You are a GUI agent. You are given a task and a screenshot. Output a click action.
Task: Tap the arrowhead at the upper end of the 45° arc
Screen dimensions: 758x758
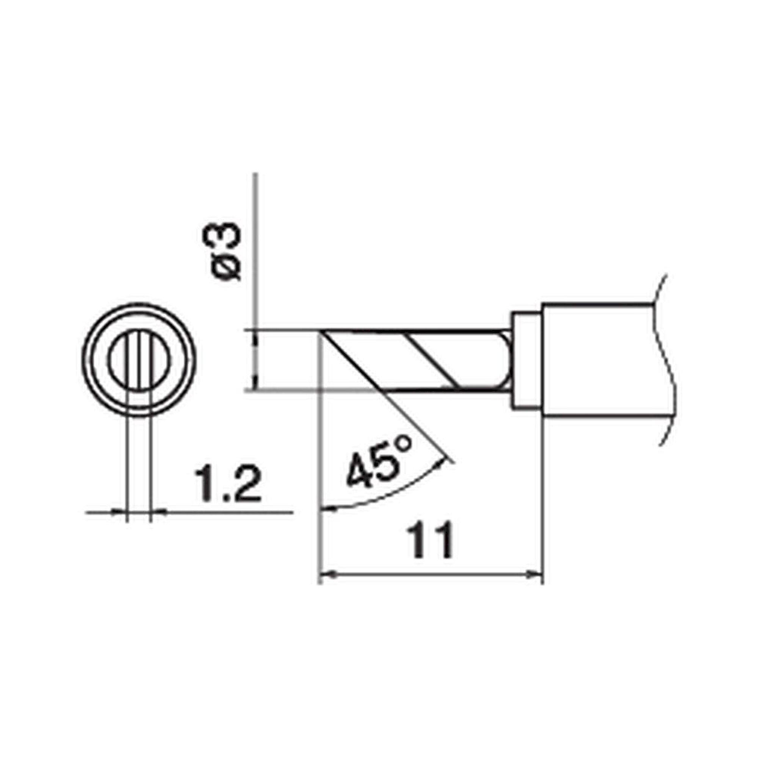pos(443,462)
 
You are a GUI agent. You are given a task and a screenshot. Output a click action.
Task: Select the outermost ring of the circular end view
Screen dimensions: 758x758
pos(83,360)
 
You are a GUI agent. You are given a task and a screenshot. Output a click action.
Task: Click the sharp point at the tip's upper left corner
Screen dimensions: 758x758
pos(323,331)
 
